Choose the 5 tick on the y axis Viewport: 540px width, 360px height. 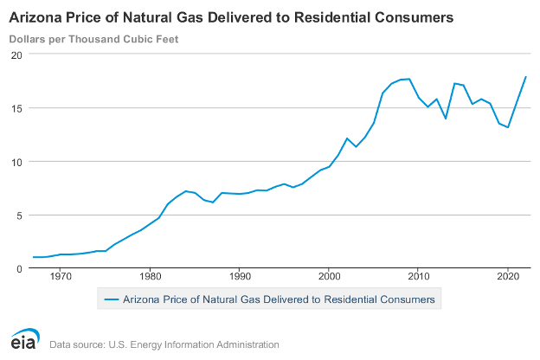pos(18,215)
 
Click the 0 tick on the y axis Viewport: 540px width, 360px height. pos(18,268)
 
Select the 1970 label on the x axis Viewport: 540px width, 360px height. pos(61,277)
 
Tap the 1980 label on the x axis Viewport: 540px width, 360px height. pos(150,277)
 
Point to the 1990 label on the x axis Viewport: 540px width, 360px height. pos(240,277)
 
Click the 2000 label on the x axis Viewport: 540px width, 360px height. pos(329,277)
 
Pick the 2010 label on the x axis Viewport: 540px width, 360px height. pos(419,277)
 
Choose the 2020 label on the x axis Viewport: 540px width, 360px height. pos(508,277)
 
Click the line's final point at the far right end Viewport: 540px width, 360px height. pos(526,77)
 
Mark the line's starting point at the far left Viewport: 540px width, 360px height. pos(33,257)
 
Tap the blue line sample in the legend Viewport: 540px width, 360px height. pos(110,299)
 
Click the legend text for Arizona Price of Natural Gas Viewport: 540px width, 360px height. pos(280,299)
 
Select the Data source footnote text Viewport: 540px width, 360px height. pos(164,344)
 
